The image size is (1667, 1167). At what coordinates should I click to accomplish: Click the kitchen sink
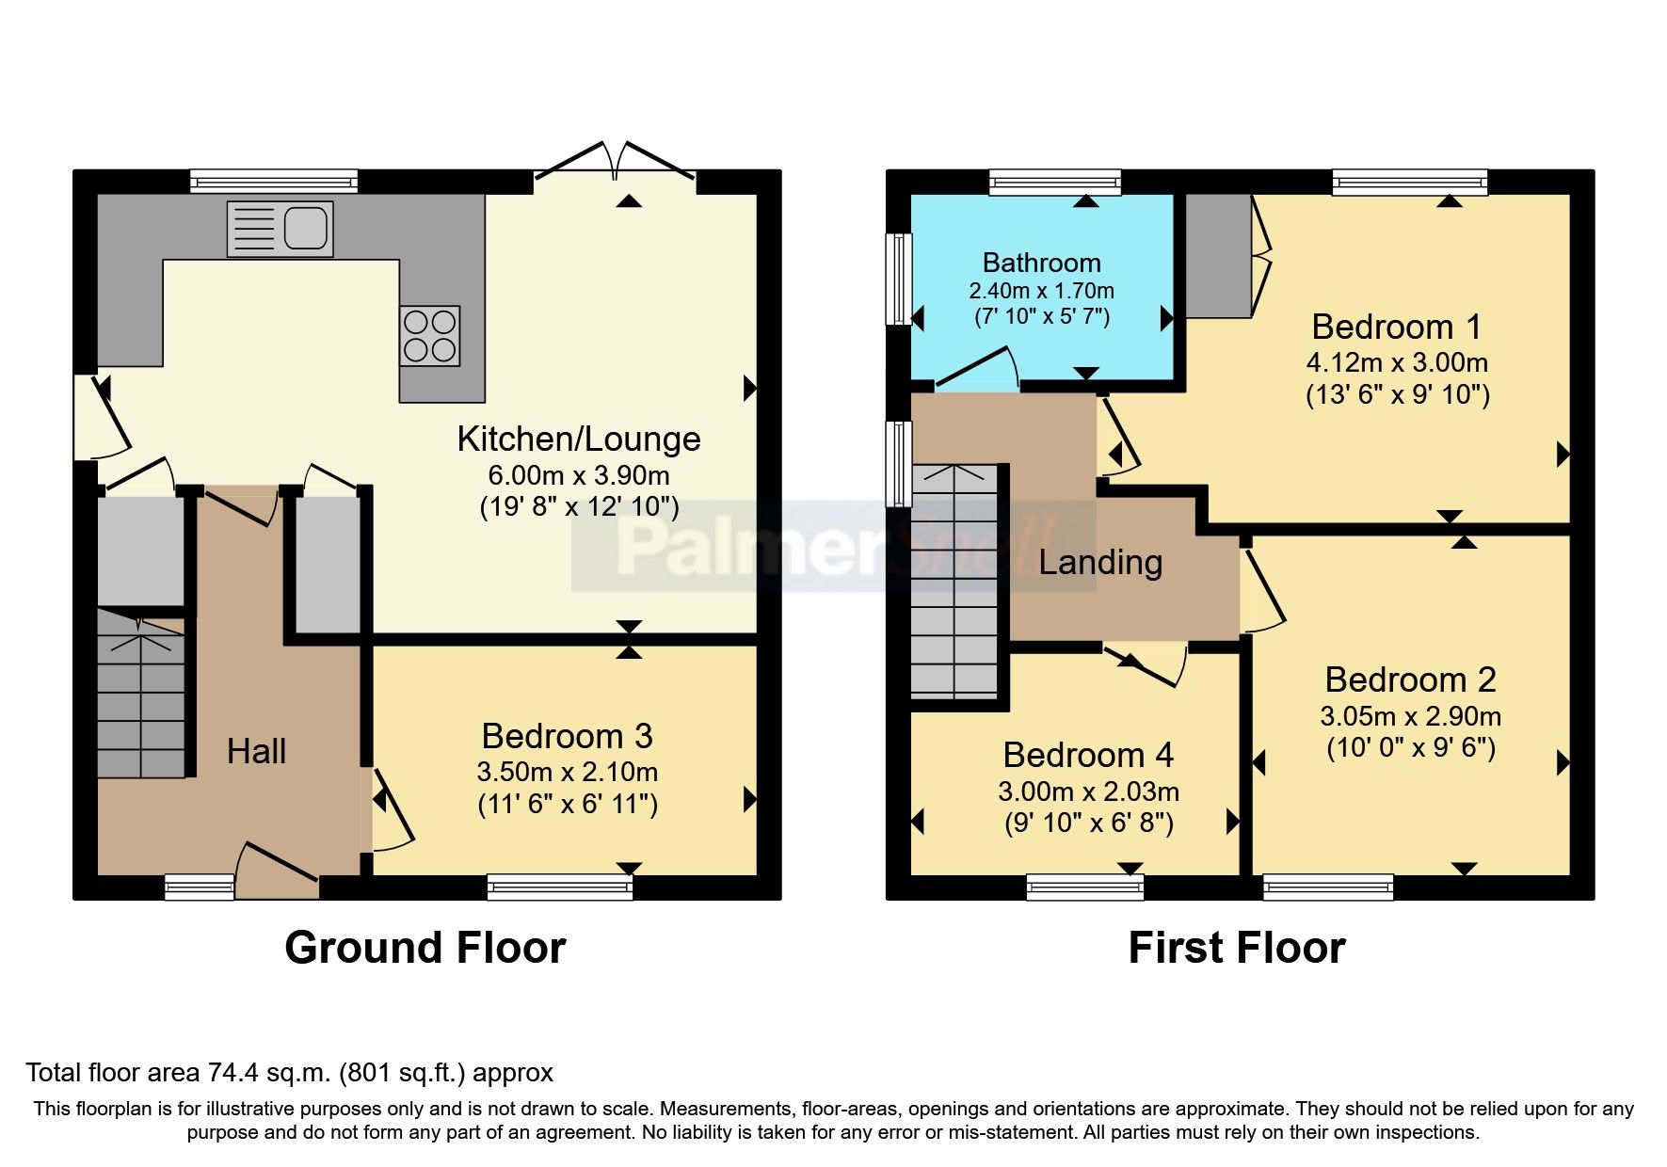tap(281, 229)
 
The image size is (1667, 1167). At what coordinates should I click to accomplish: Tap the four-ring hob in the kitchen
tap(429, 336)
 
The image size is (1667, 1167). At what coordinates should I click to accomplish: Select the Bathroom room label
tap(1041, 263)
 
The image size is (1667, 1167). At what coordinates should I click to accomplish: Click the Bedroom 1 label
tap(1396, 327)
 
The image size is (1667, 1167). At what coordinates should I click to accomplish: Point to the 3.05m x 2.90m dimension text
tap(1410, 716)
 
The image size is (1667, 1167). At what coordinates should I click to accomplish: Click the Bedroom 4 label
tap(1088, 755)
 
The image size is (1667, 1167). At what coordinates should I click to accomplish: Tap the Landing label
tap(1100, 562)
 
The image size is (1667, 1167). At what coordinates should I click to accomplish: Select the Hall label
tap(256, 751)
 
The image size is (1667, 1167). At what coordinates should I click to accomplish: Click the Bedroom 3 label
tap(567, 736)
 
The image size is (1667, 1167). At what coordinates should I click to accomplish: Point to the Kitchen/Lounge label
tap(578, 439)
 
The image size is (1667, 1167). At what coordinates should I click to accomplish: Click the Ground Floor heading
tap(425, 948)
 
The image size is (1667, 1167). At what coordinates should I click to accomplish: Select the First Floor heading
tap(1236, 948)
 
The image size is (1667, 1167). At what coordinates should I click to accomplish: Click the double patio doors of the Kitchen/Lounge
tap(616, 165)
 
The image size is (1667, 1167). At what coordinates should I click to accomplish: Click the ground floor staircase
tap(141, 696)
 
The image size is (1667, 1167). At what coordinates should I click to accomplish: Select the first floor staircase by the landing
tap(955, 583)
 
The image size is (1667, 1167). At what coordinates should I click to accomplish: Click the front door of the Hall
tap(277, 871)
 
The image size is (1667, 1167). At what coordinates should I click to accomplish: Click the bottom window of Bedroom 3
tap(559, 887)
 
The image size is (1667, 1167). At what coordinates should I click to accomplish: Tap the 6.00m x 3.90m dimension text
tap(578, 475)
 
